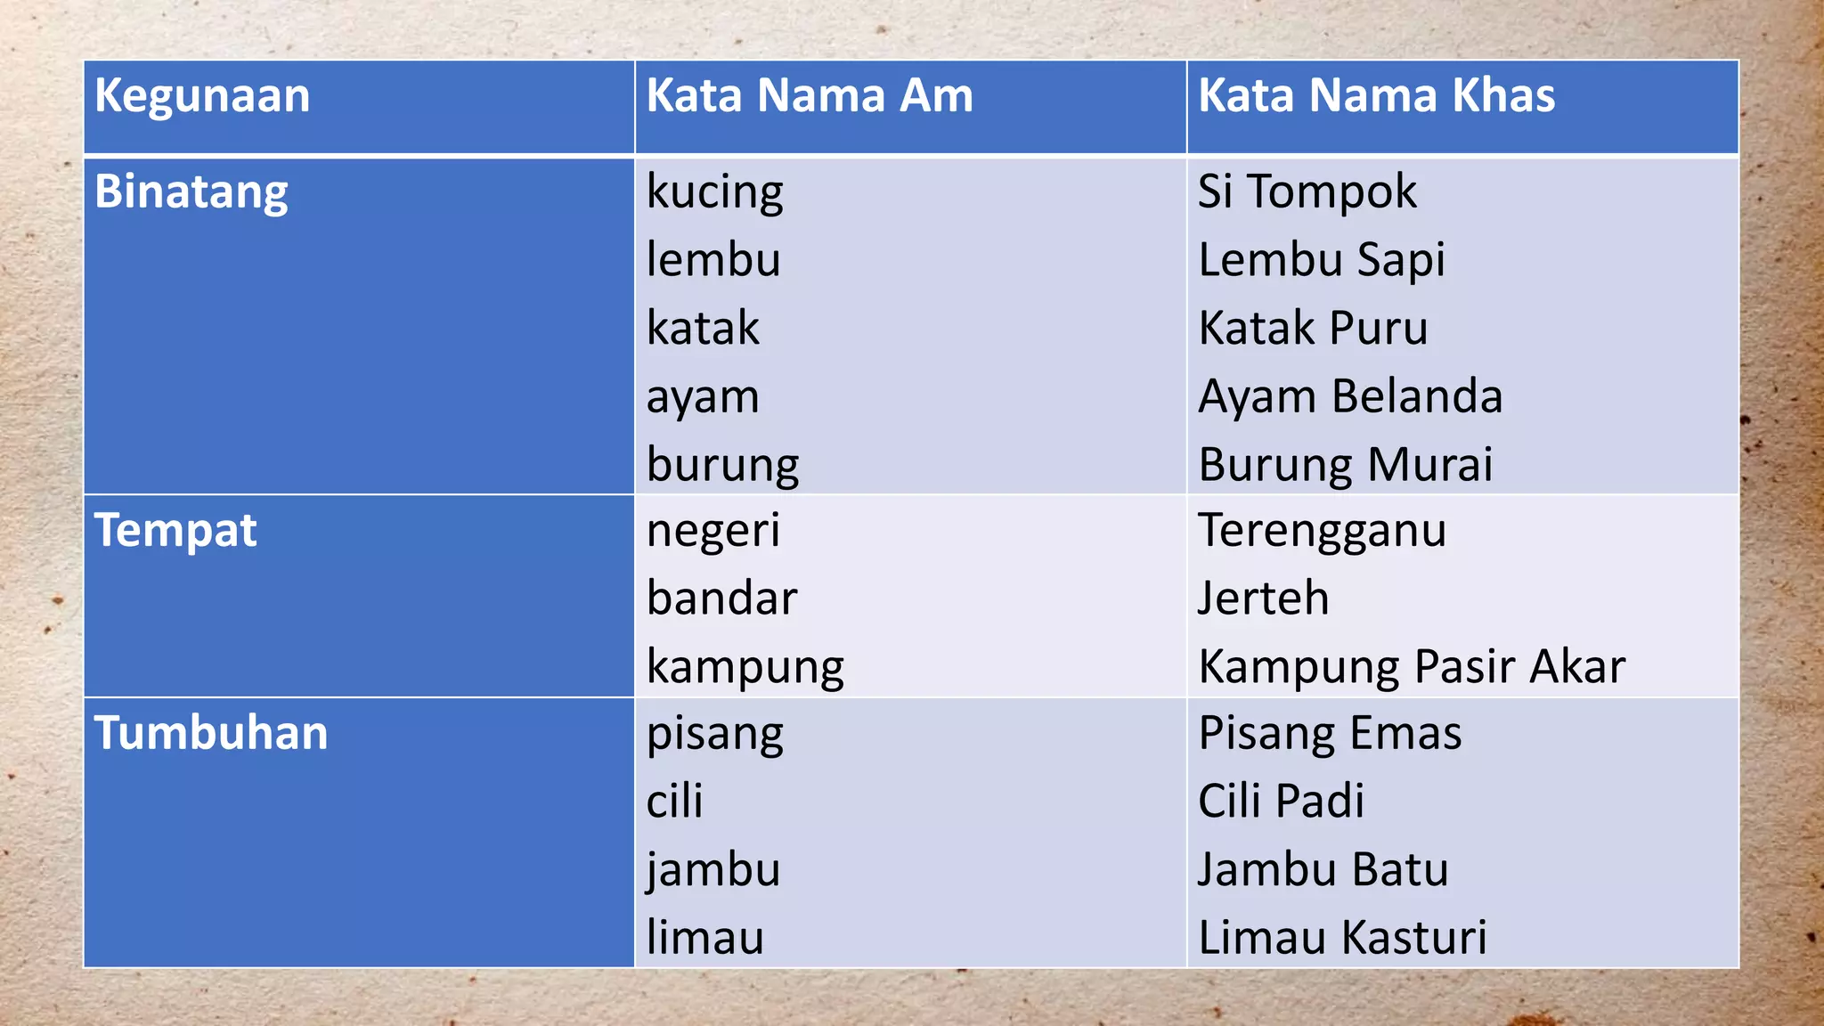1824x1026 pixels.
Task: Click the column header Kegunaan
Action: tap(202, 96)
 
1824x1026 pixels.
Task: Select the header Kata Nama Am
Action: tap(810, 96)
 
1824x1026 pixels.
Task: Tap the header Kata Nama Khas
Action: tap(1376, 96)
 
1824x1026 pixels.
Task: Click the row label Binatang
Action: tap(191, 192)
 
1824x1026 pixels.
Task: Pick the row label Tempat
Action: tap(175, 531)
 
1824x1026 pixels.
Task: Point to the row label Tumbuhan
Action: tap(211, 734)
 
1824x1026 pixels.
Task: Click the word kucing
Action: tap(714, 192)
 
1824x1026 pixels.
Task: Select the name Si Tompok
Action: tap(1307, 192)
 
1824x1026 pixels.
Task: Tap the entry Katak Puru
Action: tap(1313, 329)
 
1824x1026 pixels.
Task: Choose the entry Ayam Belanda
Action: tap(1350, 396)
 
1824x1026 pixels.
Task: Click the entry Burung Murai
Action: tap(1345, 465)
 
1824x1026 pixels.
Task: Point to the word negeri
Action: tap(712, 531)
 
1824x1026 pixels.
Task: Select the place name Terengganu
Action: tap(1322, 531)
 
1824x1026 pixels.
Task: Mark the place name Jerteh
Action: tap(1263, 598)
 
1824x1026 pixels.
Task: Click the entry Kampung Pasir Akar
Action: tap(1412, 667)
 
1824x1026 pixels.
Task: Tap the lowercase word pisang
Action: tap(714, 735)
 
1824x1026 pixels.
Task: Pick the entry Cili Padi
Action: tap(1281, 802)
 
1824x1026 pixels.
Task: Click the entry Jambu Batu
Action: tap(1323, 870)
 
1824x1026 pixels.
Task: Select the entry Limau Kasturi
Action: tap(1342, 938)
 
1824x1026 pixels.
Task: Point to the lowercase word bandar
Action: tap(721, 598)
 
